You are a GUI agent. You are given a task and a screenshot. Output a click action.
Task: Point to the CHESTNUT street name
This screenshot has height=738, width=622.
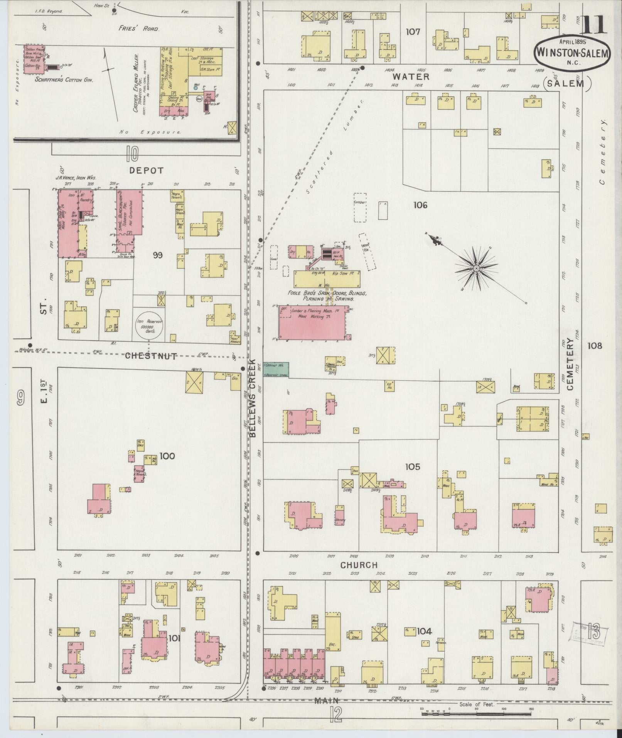pyautogui.click(x=151, y=355)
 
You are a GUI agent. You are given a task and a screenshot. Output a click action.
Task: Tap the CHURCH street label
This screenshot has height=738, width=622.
pyautogui.click(x=359, y=565)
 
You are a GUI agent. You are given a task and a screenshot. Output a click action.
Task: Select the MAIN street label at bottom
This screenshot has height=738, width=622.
pyautogui.click(x=326, y=701)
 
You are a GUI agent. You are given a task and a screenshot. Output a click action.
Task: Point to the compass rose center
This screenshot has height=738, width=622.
pyautogui.click(x=476, y=268)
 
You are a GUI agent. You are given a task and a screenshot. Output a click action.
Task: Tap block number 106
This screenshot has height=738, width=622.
pyautogui.click(x=420, y=205)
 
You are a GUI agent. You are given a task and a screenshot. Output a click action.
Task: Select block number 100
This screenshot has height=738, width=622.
pyautogui.click(x=167, y=456)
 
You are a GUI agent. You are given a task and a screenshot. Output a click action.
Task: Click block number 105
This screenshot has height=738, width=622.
pyautogui.click(x=412, y=467)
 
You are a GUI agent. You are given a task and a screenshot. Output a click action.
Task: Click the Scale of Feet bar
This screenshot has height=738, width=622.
pyautogui.click(x=476, y=713)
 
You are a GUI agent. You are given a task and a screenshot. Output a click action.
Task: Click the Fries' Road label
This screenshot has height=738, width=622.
pyautogui.click(x=139, y=29)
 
